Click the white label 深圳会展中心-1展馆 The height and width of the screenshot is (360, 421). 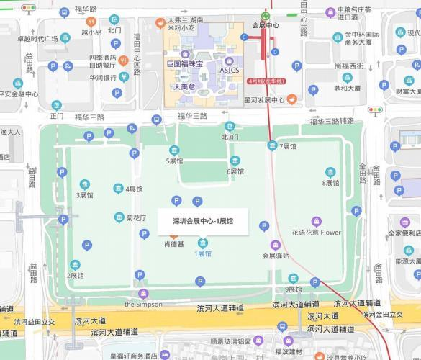pos(203,221)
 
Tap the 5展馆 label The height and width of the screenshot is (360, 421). pos(175,161)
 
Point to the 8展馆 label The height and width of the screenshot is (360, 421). pos(330,183)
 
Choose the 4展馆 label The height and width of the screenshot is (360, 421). pos(134,189)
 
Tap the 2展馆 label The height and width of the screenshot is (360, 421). pos(75,276)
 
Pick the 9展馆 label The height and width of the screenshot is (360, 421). pos(293,289)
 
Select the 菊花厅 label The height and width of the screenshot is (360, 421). pos(136,217)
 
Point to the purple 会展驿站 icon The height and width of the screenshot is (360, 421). pos(275,245)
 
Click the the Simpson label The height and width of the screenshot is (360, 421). pos(143,304)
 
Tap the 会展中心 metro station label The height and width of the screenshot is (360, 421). pos(266,26)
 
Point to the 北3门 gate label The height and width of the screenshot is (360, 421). pos(229,136)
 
